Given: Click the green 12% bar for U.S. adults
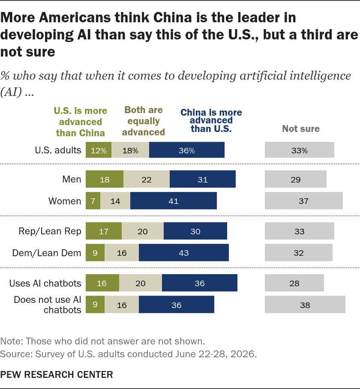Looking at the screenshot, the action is [99, 150].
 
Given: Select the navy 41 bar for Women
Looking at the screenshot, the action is [174, 200].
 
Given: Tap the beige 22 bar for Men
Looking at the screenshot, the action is [147, 179].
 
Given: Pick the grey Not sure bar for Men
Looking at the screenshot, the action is [295, 179].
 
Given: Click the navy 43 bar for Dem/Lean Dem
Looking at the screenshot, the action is [183, 253].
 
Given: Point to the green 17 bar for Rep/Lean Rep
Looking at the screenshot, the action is [104, 231].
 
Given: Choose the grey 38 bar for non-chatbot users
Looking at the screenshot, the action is [305, 305].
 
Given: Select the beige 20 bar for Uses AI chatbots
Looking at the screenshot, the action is [141, 283].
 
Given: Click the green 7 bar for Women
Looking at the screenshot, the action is [93, 200].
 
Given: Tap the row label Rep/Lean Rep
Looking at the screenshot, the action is [50, 231].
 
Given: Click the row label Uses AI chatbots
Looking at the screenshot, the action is [45, 283].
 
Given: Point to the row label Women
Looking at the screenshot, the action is [65, 201].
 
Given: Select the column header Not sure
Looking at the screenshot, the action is [301, 129].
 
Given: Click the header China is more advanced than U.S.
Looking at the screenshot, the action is [211, 120].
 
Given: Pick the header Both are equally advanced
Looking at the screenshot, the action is [144, 121].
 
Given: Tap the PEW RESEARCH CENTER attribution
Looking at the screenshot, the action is [57, 374].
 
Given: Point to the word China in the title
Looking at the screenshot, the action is [172, 18].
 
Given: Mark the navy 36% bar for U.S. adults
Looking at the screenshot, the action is [186, 150].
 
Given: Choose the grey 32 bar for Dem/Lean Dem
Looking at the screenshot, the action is [298, 253].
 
